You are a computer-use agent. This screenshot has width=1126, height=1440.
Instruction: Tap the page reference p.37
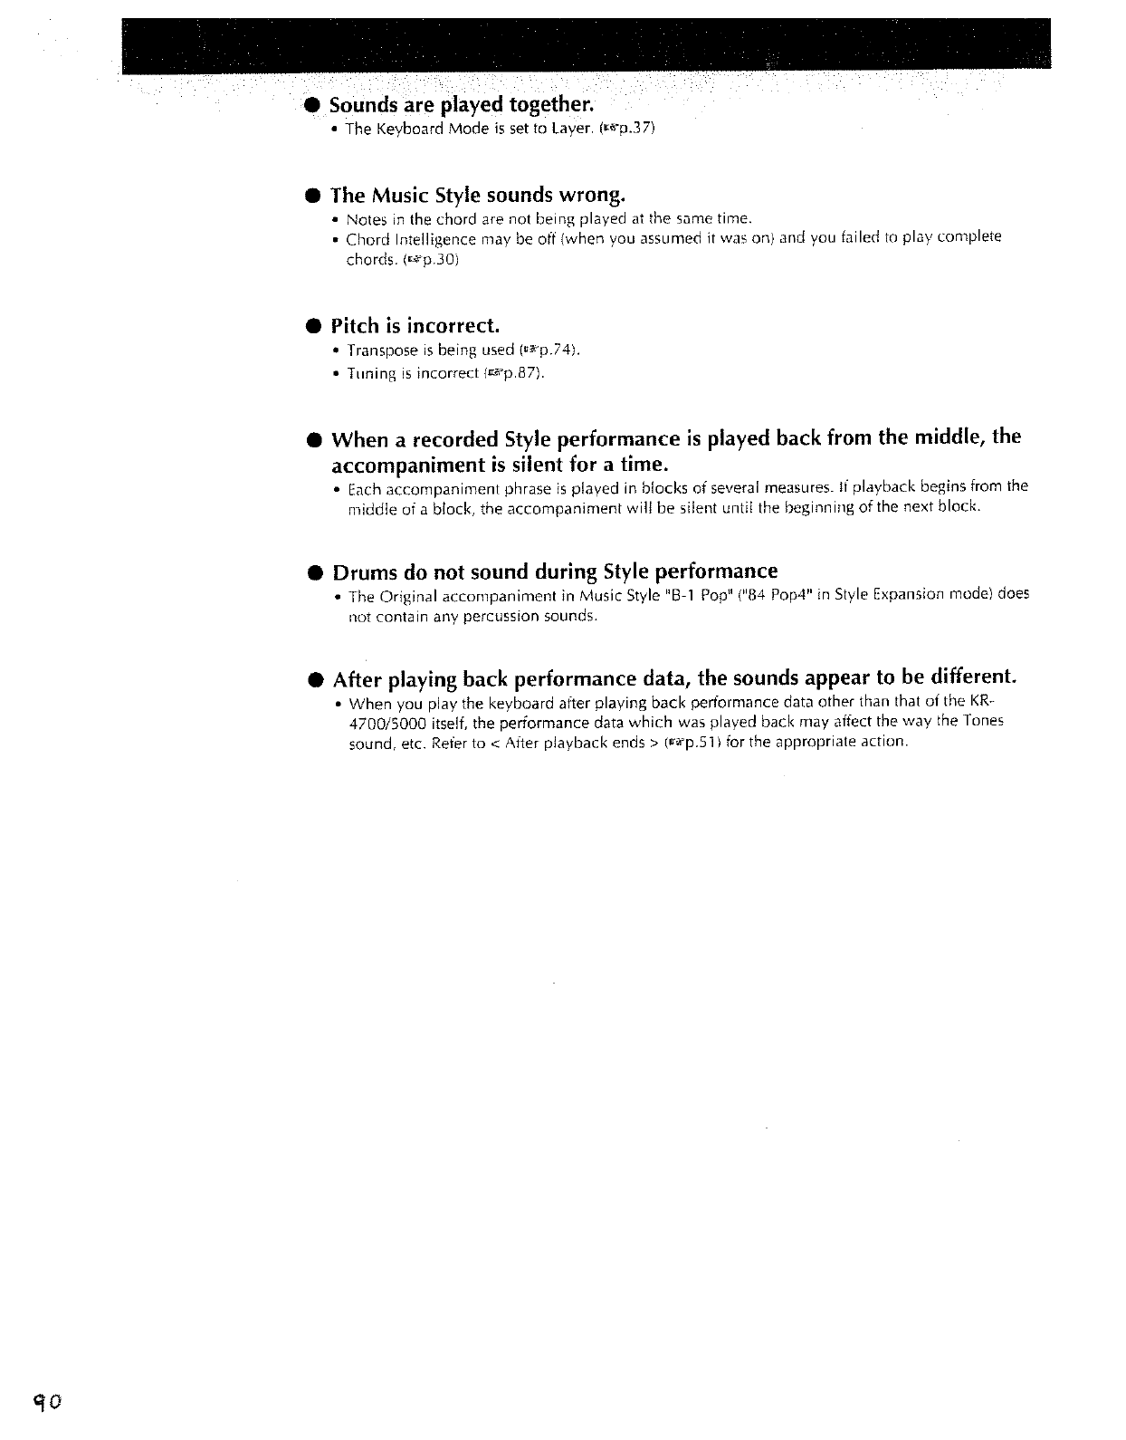633,129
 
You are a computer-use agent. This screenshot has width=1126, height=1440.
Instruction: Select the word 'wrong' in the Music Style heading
592,195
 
